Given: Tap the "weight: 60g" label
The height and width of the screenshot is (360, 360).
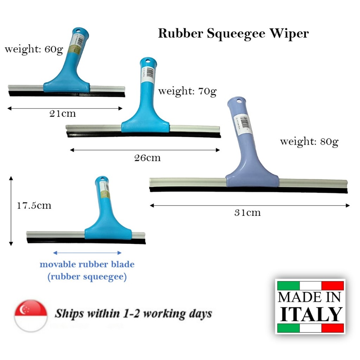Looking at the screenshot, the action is (x=34, y=49).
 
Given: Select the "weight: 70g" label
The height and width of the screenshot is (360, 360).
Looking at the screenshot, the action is (x=187, y=91).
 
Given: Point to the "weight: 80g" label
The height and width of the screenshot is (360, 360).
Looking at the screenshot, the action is (x=309, y=142).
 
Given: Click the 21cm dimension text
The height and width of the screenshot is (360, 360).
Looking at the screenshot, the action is (x=63, y=114).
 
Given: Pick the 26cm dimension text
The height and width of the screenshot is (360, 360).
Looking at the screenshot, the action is (x=147, y=158).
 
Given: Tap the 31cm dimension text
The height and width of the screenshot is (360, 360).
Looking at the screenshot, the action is (x=247, y=213).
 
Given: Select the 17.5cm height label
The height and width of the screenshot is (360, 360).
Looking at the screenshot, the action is (x=34, y=205).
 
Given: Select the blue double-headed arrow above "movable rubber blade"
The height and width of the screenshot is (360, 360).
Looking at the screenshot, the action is (x=87, y=253).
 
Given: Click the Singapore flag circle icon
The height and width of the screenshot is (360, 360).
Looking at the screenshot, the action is (x=31, y=316).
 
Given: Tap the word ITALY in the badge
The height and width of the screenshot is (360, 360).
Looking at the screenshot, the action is (x=311, y=314).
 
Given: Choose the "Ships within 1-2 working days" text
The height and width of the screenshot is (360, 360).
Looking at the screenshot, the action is (x=133, y=314).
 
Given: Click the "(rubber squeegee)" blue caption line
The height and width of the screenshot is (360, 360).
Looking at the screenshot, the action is (x=87, y=277).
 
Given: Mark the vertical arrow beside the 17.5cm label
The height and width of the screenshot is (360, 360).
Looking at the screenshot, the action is (x=11, y=211).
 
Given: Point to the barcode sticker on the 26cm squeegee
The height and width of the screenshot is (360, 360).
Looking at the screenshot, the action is (x=147, y=73).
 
